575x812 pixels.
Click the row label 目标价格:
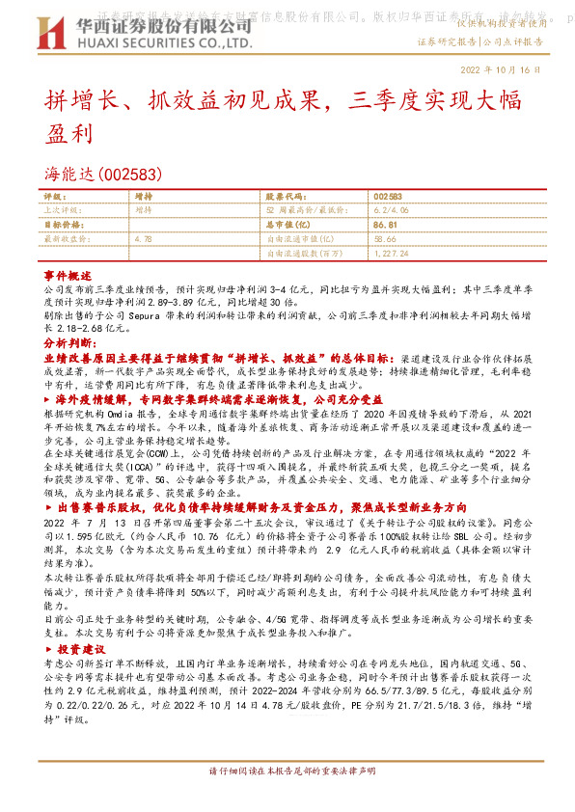pyautogui.click(x=64, y=223)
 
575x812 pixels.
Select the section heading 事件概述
pyautogui.click(x=68, y=275)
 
